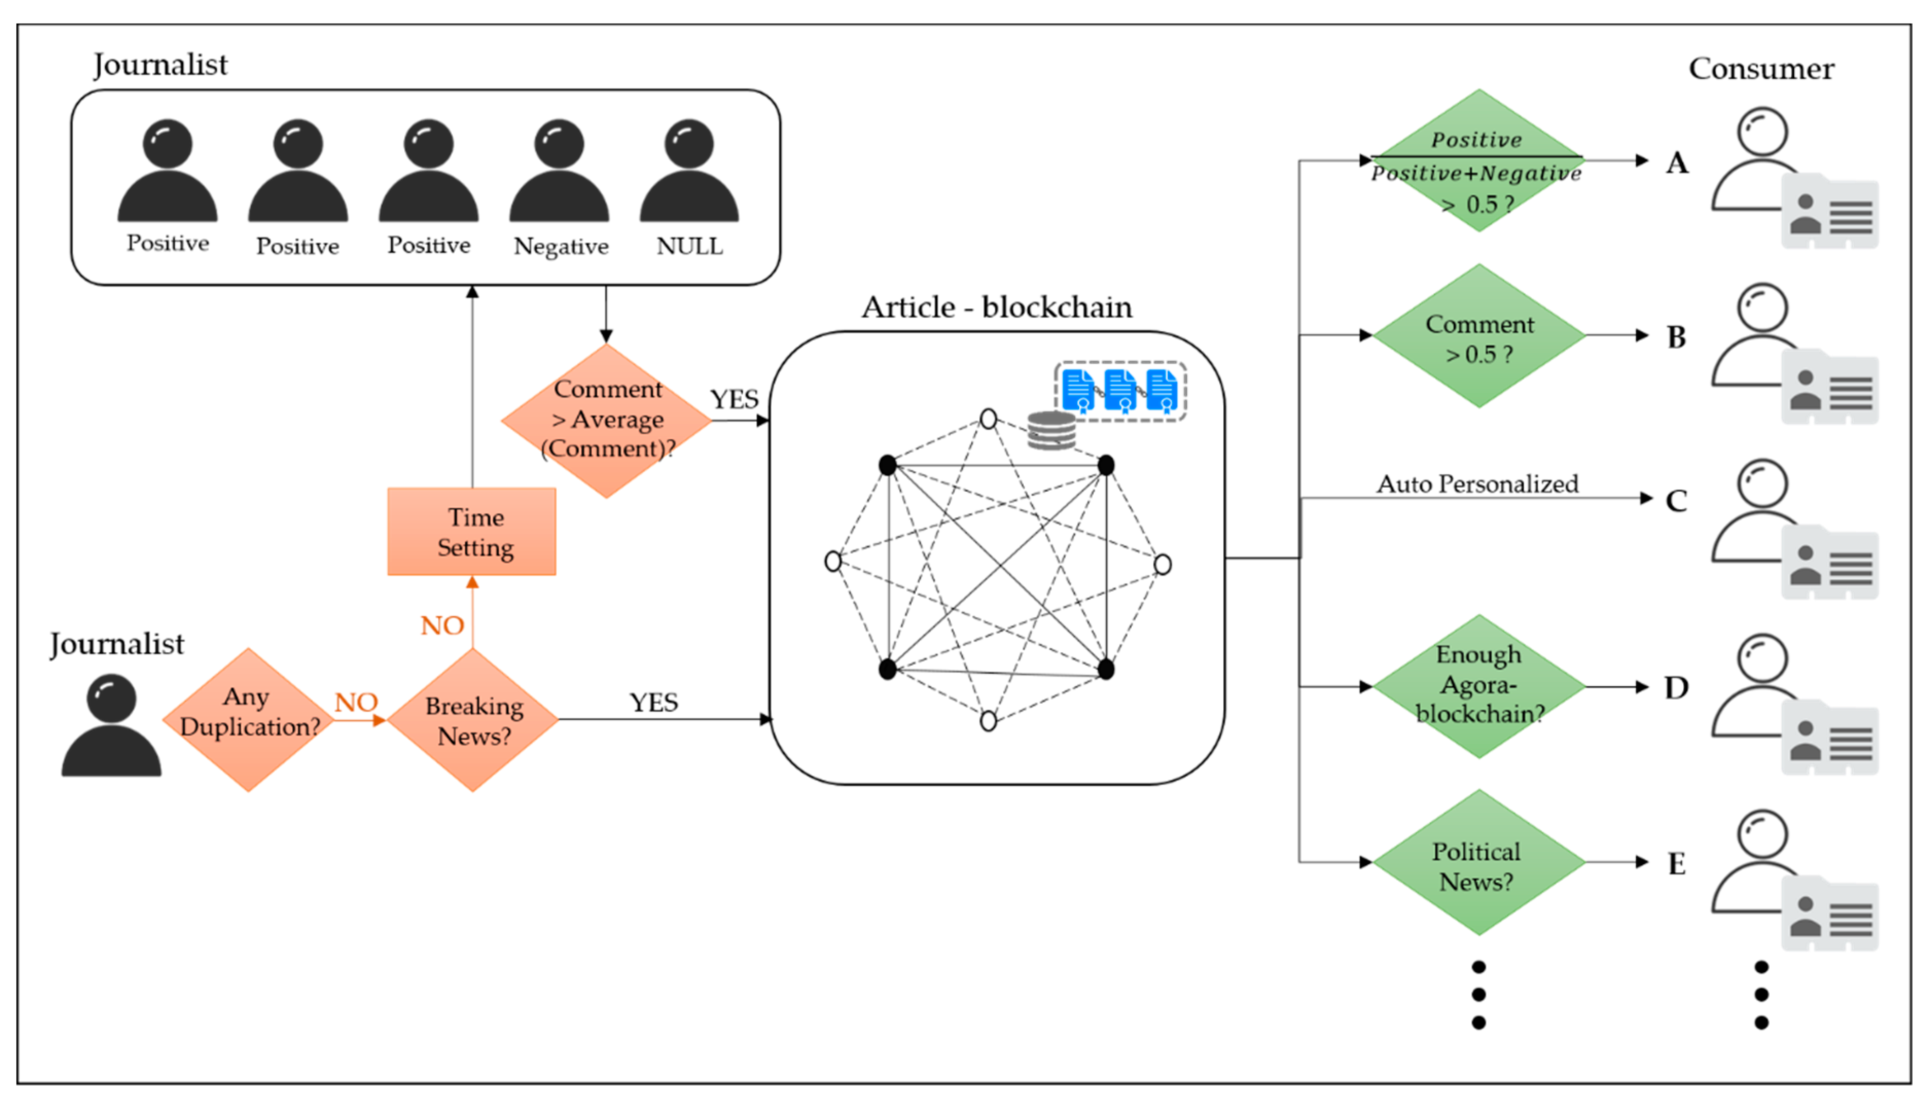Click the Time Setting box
[471, 531]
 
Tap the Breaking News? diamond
[473, 720]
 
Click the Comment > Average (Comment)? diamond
[607, 420]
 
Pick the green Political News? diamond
[1478, 862]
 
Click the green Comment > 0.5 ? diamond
[1478, 335]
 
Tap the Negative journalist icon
[559, 171]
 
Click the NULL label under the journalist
[689, 246]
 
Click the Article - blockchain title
[996, 307]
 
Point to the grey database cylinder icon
[1051, 430]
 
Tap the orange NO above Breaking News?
[442, 626]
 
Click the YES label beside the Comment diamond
[734, 399]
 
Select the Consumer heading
[1761, 68]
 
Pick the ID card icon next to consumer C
[1829, 562]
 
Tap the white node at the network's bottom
[988, 720]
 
